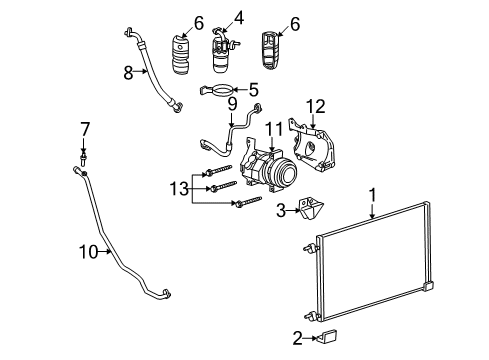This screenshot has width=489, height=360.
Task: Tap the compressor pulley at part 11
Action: tap(286, 170)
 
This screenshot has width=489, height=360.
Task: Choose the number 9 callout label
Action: tap(230, 103)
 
